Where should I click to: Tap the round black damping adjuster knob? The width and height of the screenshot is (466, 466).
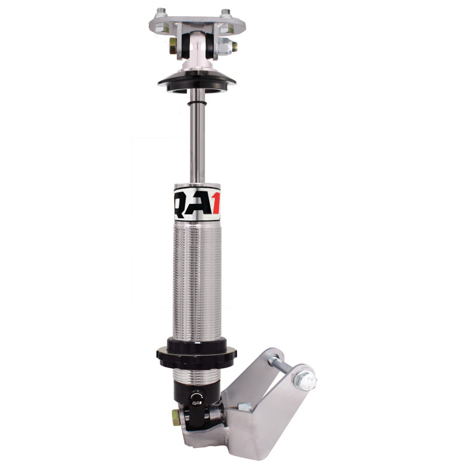click(x=196, y=398)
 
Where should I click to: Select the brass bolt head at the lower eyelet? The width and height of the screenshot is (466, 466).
click(x=174, y=417)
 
